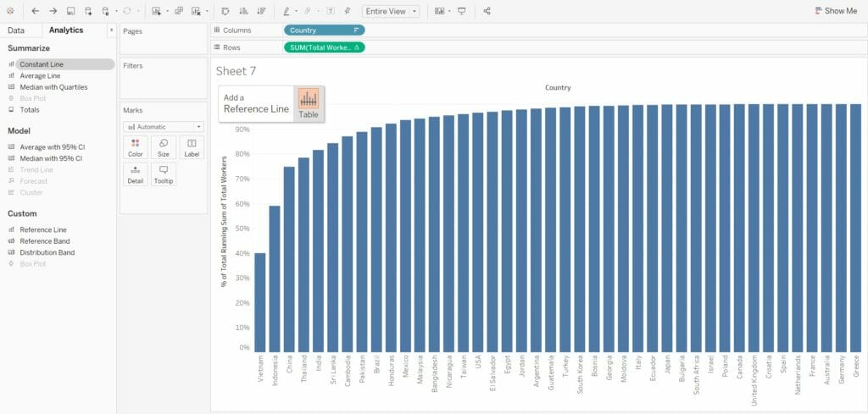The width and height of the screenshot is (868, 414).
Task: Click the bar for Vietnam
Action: (259, 302)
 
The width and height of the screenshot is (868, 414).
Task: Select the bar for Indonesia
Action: (275, 279)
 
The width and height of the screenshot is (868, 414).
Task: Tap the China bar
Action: (289, 259)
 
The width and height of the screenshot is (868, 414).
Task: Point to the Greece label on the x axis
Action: (856, 367)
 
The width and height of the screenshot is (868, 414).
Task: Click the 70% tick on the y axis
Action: (242, 179)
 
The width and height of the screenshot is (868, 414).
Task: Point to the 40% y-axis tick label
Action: (242, 253)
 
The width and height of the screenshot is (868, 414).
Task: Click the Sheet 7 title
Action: (236, 70)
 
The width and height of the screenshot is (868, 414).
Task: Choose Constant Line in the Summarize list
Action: (41, 64)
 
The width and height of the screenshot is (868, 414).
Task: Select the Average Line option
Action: (40, 75)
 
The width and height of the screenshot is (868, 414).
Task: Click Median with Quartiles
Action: (53, 86)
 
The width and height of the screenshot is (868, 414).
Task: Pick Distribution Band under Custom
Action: (47, 252)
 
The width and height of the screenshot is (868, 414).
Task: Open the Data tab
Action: (16, 30)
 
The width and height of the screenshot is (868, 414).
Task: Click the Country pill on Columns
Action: (324, 30)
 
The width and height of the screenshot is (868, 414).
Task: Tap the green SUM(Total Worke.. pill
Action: (324, 47)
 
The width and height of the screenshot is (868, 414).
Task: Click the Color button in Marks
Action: (135, 147)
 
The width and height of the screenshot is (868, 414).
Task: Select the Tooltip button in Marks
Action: (164, 174)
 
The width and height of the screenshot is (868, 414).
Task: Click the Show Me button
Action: (836, 11)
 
